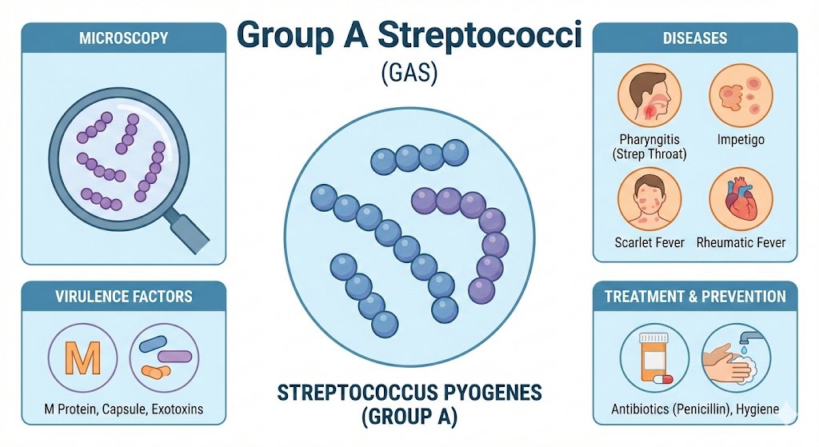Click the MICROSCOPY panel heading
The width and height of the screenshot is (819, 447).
point(123,38)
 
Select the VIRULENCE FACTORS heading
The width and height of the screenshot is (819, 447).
point(124,297)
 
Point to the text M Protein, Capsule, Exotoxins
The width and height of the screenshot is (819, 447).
point(123,409)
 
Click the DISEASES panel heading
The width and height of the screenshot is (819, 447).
point(694,38)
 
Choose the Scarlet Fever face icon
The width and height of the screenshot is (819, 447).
point(649,199)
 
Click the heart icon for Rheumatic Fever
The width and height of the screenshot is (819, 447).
point(741,199)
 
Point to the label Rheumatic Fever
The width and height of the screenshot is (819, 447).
point(741,242)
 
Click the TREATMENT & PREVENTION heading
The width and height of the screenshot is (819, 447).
point(694,297)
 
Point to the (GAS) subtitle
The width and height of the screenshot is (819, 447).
point(409,75)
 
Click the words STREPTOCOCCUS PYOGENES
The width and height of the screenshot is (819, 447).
point(409,393)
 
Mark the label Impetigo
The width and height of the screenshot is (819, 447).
point(741,139)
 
